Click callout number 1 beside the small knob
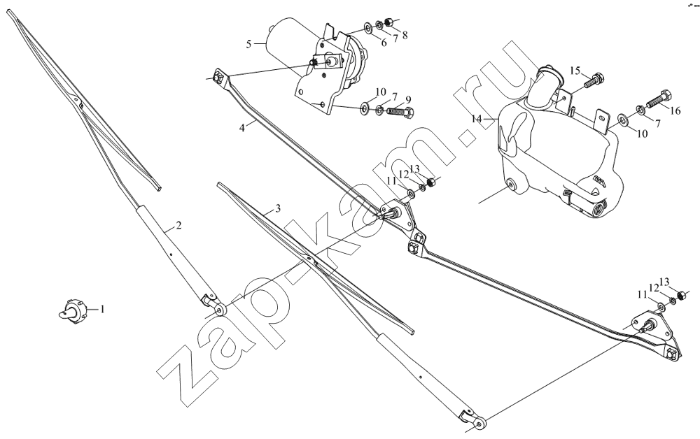click(x=101, y=308)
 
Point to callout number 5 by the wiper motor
click(x=248, y=43)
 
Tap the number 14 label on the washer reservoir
click(x=477, y=119)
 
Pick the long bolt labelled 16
click(x=657, y=99)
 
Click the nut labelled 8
click(x=388, y=21)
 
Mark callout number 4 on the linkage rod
click(x=242, y=128)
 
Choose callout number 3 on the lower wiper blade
click(x=278, y=208)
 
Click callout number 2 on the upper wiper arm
click(x=178, y=226)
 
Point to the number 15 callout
click(x=575, y=71)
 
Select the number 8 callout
click(x=405, y=35)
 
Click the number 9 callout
click(x=408, y=99)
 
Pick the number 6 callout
click(x=384, y=43)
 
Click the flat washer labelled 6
click(x=369, y=28)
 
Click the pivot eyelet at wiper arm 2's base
click(x=220, y=309)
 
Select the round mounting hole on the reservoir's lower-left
click(x=511, y=185)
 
